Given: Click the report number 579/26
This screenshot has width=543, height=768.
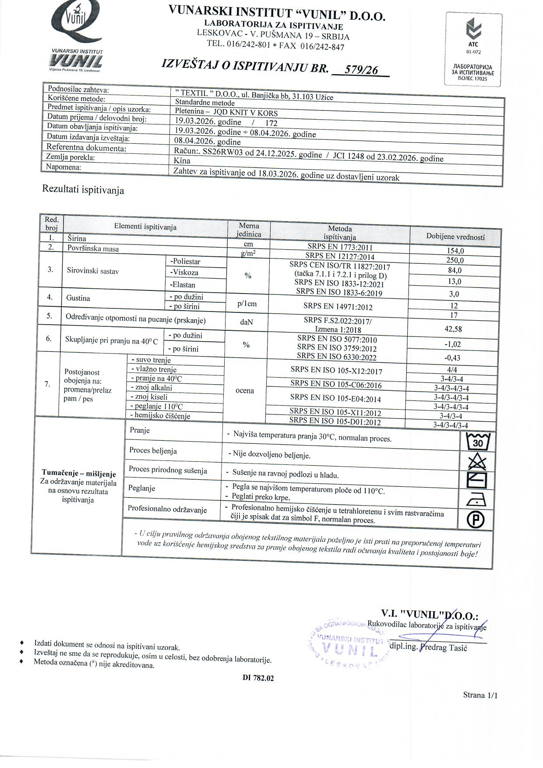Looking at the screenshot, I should pos(362,70).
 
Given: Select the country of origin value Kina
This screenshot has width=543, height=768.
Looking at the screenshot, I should pos(182,161).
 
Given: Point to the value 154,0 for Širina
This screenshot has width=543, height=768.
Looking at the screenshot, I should pos(455,251).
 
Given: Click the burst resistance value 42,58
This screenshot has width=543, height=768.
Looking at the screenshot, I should pos(453,329).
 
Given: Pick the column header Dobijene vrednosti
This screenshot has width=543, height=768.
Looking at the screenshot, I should pos(455,237).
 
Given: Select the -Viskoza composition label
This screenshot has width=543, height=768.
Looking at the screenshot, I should pos(184,273).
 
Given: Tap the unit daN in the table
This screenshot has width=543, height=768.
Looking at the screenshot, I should pos(247,322).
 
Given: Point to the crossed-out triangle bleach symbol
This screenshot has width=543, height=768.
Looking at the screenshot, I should pos(477,462).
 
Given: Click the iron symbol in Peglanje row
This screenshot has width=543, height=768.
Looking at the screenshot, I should pos(476,500).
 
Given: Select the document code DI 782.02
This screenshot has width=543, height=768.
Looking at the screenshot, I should pos(258,678).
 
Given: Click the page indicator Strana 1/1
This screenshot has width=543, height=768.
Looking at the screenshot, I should pos(480,695).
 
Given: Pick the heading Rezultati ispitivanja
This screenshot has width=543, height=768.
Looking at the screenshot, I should pos(83,190).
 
